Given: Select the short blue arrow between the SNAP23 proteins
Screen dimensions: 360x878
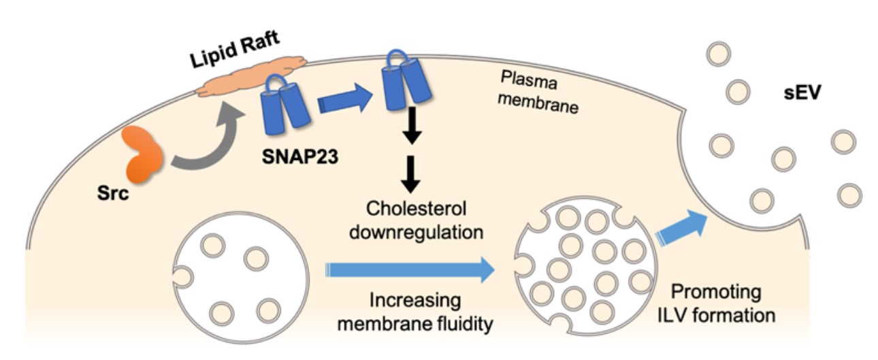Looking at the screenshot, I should pyautogui.click(x=344, y=101).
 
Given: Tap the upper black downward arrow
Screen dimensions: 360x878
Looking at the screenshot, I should pyautogui.click(x=410, y=130).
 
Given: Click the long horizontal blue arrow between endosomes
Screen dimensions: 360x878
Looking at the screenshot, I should pyautogui.click(x=409, y=269).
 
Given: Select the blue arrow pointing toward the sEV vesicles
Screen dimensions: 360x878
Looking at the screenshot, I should pyautogui.click(x=682, y=227).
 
